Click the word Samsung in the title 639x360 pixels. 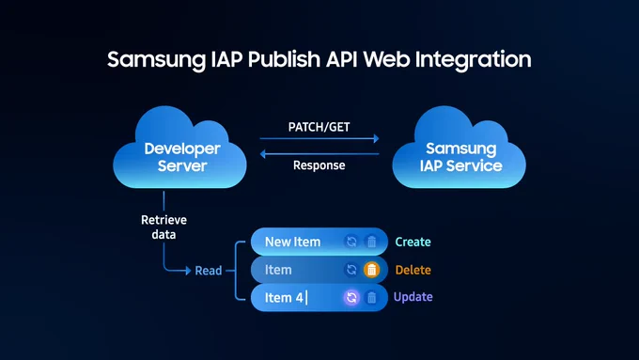157,60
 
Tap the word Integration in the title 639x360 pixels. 473,60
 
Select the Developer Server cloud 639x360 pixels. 179,148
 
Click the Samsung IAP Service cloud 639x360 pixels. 459,148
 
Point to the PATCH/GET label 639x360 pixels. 319,127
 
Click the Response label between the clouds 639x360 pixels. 319,165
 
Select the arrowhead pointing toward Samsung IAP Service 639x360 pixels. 376,138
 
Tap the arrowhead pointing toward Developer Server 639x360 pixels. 263,154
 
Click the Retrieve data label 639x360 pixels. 164,227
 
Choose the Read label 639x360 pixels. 209,271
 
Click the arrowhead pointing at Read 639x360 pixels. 188,271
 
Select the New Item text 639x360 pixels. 292,242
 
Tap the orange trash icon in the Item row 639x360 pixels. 372,270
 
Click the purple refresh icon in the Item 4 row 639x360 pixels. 351,297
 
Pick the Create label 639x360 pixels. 413,242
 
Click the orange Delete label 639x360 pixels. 413,270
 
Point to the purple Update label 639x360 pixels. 413,297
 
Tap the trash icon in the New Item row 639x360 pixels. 372,242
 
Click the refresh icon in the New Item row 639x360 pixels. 351,242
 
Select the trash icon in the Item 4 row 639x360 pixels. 372,297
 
